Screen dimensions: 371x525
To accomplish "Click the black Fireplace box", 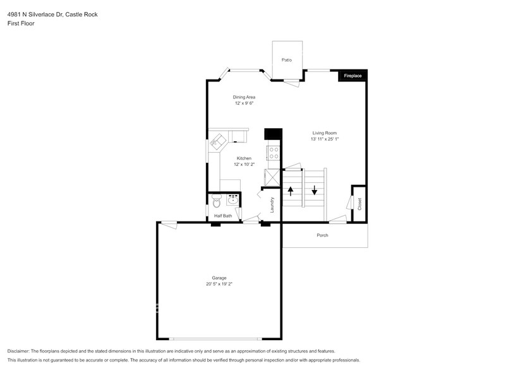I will (x=353, y=76).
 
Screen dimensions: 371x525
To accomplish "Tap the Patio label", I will (x=286, y=60).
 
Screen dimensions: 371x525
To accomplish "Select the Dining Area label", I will (x=244, y=97).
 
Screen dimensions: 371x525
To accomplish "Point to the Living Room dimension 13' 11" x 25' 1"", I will (x=324, y=139).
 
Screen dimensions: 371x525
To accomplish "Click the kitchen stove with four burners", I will (x=274, y=153).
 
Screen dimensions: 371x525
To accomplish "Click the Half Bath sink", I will (x=232, y=201).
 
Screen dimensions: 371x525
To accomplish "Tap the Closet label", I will (x=359, y=204).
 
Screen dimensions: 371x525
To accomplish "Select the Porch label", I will (x=322, y=235).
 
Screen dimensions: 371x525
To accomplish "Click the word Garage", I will (x=219, y=278).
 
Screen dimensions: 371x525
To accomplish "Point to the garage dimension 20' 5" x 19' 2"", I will (x=219, y=284).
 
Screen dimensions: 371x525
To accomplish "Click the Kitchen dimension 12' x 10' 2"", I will (x=244, y=164).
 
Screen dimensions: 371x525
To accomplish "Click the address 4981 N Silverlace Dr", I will (x=35, y=14).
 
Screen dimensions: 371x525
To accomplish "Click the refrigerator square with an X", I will (x=272, y=177).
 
